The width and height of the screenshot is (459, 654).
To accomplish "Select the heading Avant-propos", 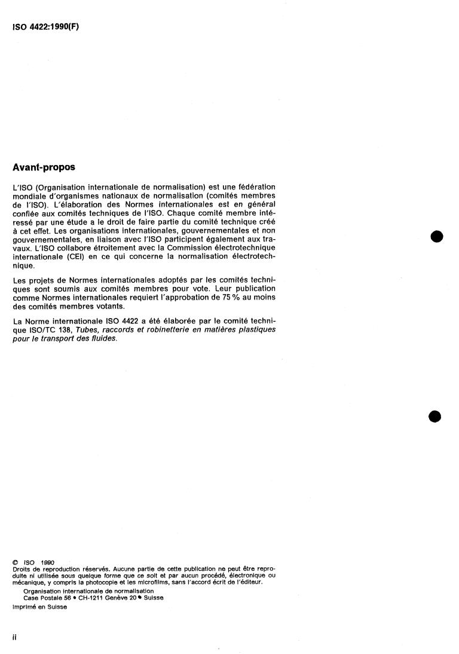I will point(44,168).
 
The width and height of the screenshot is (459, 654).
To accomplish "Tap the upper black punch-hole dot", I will point(437,237).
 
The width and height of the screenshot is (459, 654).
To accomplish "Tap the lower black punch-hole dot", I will point(435,416).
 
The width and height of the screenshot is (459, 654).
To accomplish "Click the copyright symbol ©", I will point(15,563).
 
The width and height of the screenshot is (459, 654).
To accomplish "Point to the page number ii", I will point(14,637).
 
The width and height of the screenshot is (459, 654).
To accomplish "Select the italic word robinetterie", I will point(165,330).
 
